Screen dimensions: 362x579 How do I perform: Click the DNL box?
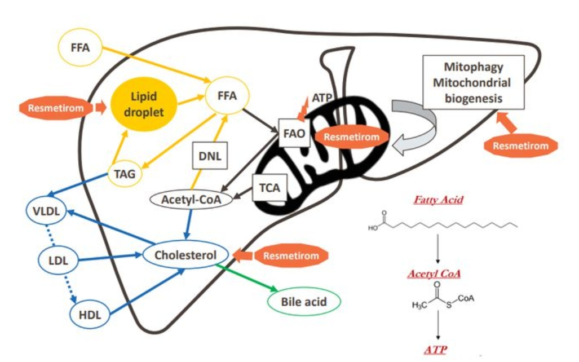(210, 156)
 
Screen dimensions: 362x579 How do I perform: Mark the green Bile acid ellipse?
(304, 302)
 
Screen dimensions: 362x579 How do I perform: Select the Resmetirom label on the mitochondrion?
(352, 136)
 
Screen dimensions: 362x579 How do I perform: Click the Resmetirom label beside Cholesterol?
(291, 256)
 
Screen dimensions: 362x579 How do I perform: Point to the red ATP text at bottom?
(436, 350)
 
